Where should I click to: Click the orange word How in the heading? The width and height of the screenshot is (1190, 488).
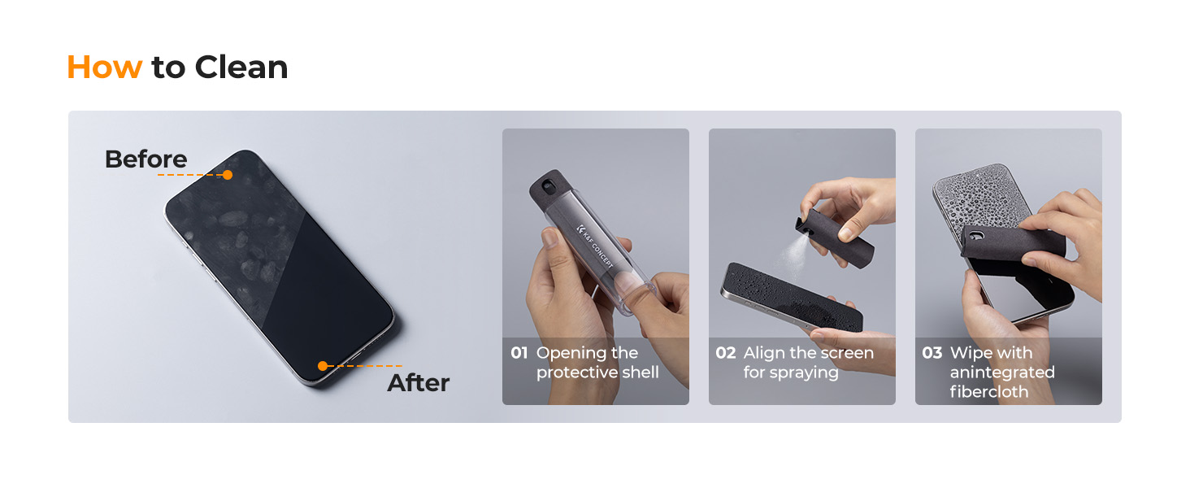(105, 68)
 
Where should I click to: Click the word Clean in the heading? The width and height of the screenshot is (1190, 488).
(241, 68)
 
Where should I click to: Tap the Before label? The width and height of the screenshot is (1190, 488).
(146, 159)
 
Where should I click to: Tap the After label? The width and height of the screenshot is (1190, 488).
(418, 383)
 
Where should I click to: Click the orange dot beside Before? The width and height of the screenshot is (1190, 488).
(228, 175)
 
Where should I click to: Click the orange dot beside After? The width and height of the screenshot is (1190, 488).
(323, 366)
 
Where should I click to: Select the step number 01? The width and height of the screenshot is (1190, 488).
(519, 353)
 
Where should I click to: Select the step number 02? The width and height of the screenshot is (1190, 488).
(726, 353)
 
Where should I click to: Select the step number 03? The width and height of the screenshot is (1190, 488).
(932, 353)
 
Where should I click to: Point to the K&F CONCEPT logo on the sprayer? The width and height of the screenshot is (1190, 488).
(595, 245)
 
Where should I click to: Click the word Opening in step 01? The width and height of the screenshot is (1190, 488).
(571, 354)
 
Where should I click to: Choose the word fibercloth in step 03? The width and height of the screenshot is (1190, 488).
(989, 392)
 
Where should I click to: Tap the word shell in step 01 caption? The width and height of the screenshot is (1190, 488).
(641, 373)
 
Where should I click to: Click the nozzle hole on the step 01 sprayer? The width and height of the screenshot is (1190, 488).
(547, 185)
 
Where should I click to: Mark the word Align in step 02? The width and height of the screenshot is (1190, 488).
(764, 354)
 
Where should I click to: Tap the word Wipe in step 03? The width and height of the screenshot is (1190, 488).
(971, 354)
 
